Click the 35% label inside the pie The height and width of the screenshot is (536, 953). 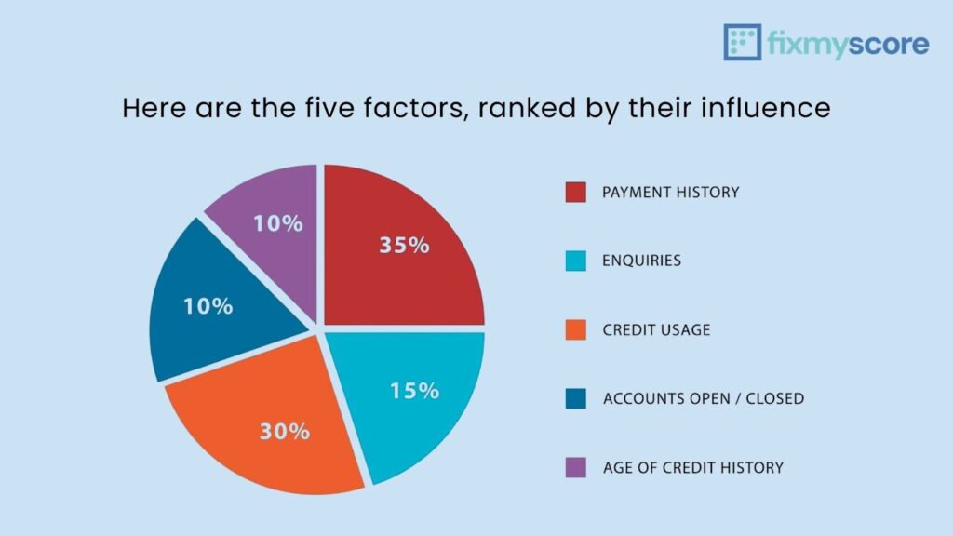404,246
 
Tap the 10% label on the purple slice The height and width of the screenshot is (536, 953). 278,223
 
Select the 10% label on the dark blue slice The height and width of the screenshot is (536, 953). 207,306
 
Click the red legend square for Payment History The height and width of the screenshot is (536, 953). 576,193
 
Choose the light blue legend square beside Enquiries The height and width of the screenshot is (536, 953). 576,261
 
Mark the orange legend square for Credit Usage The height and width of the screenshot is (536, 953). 576,329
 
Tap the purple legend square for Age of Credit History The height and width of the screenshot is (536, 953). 576,467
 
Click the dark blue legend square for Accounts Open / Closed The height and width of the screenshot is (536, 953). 576,398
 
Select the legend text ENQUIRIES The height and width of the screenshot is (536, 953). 641,261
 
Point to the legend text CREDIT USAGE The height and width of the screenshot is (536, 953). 656,329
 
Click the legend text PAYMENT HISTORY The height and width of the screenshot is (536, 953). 670,193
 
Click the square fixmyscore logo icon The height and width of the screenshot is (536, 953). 742,43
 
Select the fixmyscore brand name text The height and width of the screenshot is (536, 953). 848,44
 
